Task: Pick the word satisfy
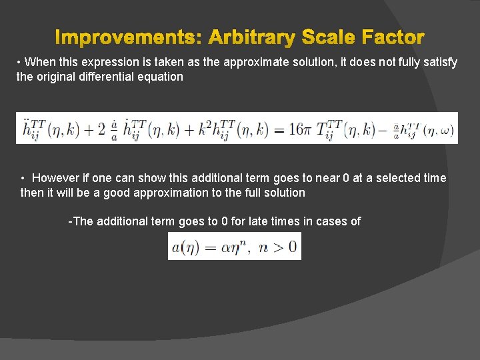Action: [439, 62]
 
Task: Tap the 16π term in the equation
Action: [297, 129]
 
